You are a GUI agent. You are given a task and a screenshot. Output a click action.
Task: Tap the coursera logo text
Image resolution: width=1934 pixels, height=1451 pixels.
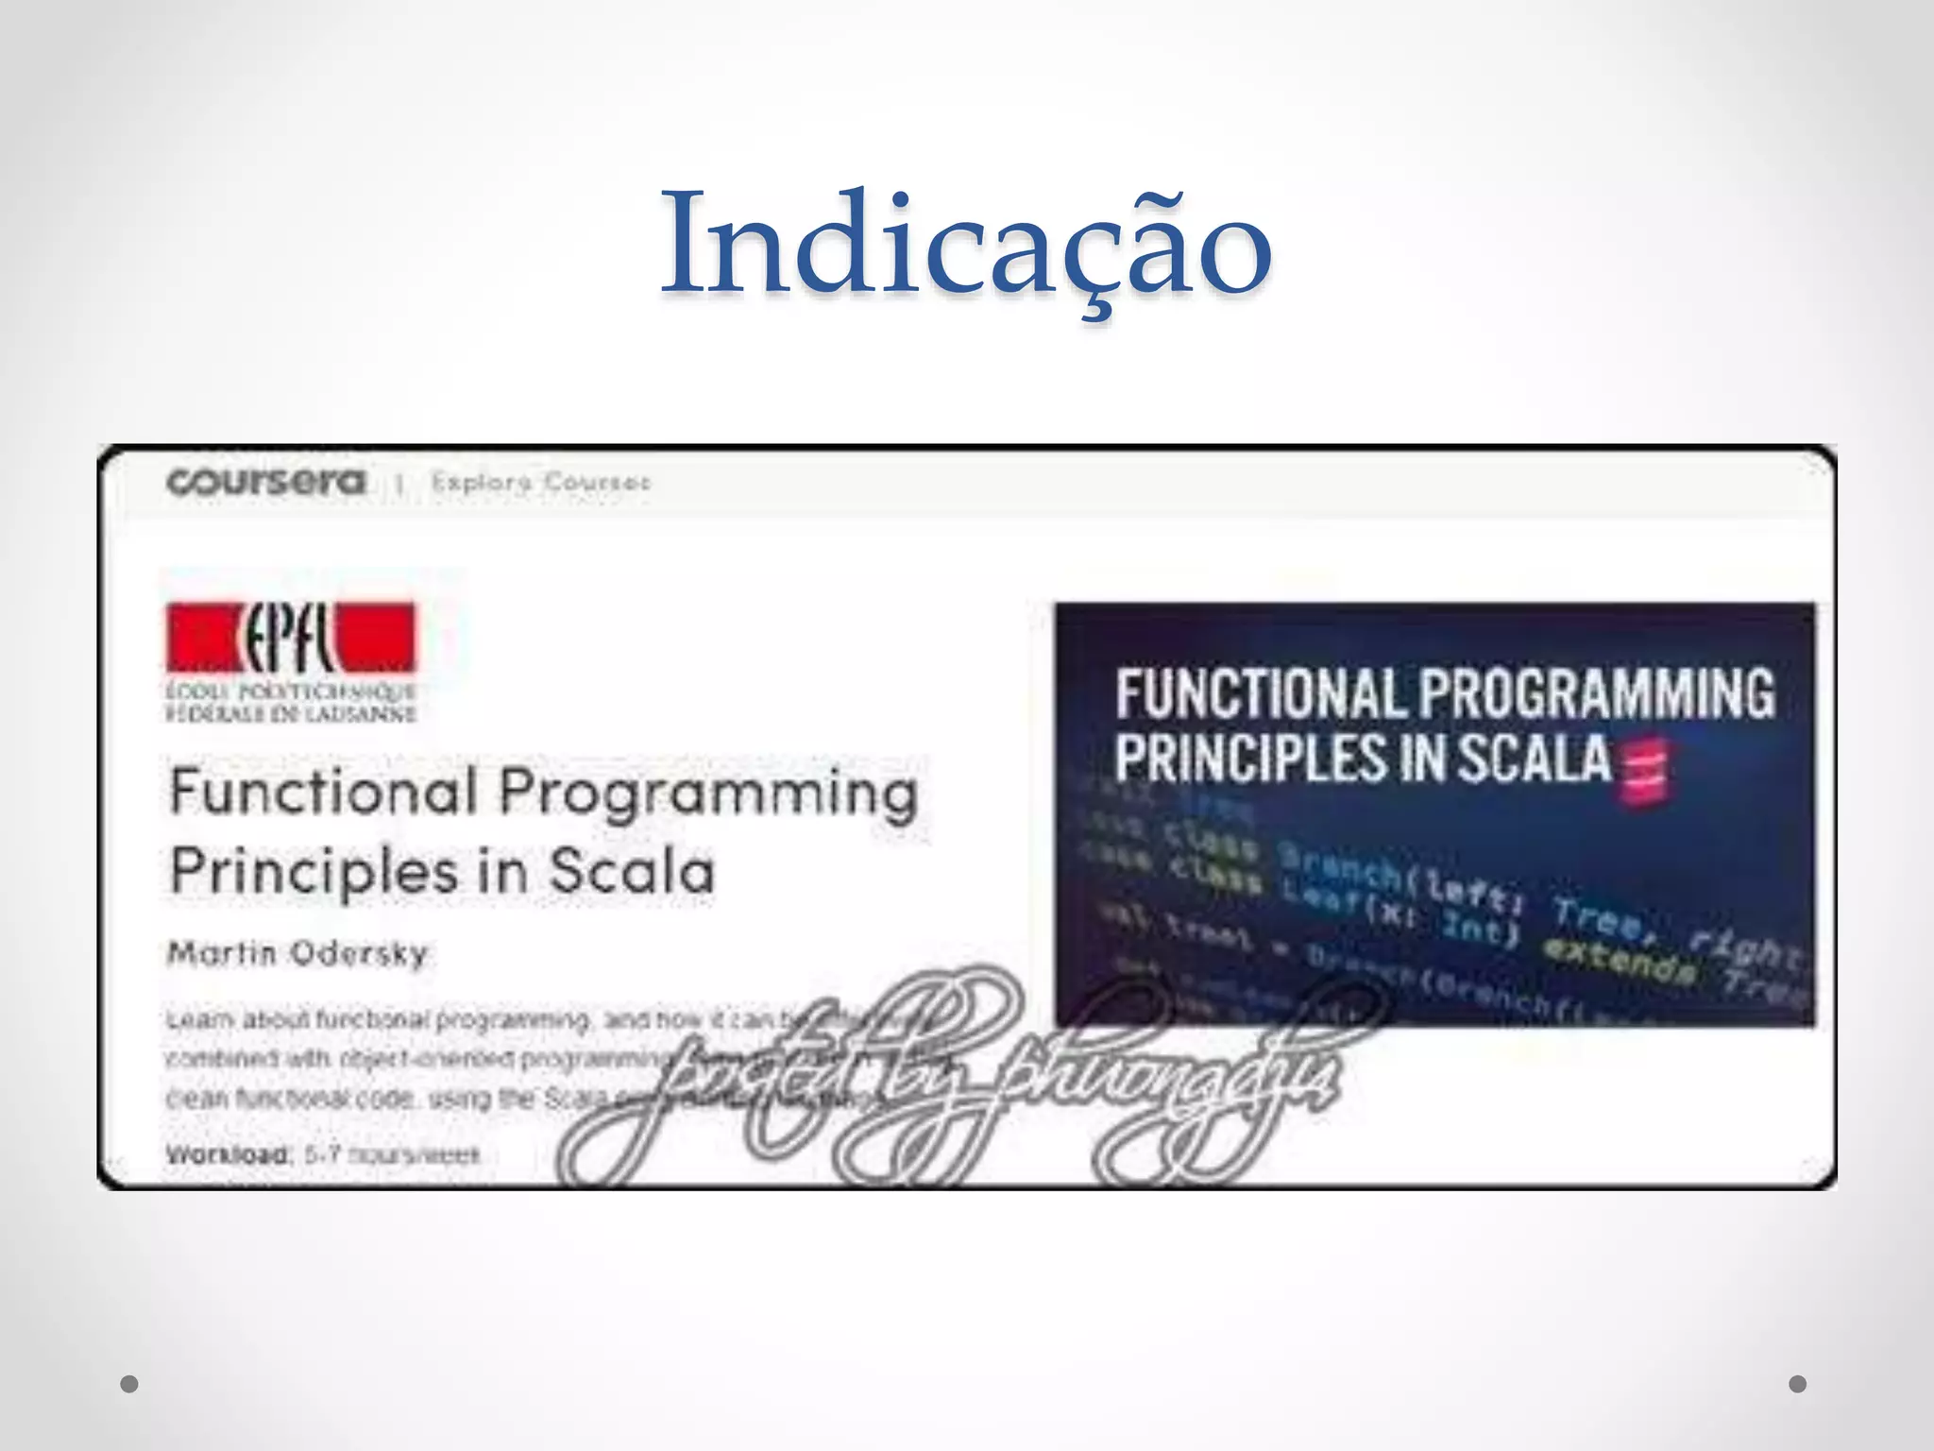[265, 483]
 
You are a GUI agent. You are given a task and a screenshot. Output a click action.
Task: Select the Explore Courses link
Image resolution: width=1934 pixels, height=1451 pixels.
[540, 483]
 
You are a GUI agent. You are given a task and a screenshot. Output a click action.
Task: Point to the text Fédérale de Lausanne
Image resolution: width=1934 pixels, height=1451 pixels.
[290, 713]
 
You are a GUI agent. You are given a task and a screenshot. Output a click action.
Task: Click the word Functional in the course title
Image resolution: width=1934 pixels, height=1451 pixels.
[323, 792]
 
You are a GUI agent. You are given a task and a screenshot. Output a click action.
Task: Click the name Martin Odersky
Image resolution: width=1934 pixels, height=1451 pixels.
[297, 953]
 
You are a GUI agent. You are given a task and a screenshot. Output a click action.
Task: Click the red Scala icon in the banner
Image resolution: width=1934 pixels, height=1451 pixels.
[1644, 770]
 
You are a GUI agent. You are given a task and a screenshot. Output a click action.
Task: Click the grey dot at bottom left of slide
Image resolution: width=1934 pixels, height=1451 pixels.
[129, 1384]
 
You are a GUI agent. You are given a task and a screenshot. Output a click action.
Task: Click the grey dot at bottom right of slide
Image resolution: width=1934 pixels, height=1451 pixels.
[1798, 1384]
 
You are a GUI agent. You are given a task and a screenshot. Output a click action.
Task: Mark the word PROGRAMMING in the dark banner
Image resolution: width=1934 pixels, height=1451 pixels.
[1596, 693]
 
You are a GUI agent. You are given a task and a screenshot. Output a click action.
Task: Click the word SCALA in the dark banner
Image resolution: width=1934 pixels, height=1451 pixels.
[1533, 759]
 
